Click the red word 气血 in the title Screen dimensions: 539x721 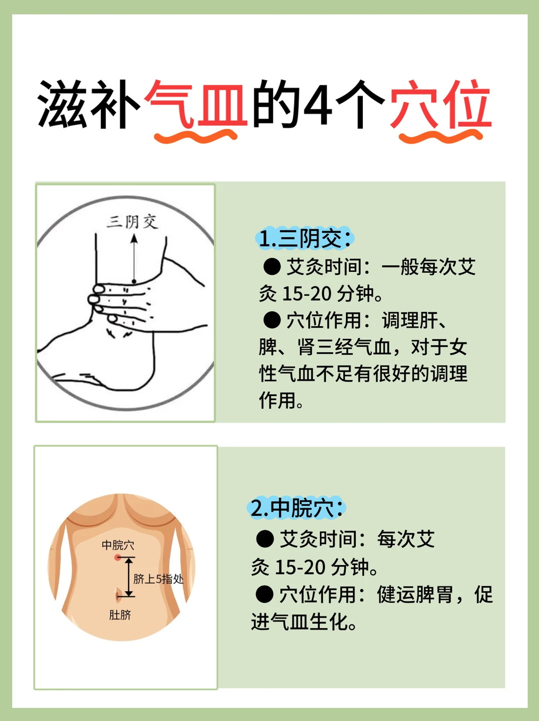[196, 104]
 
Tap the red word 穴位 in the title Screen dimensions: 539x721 [441, 104]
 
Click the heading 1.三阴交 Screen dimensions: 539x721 [305, 238]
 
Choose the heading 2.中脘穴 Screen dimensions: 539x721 [296, 509]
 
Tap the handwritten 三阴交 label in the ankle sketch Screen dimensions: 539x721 [133, 222]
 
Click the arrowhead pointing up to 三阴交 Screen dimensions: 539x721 [134, 238]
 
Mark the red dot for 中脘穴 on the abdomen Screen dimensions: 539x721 [117, 557]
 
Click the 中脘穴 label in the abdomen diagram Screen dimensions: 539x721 [118, 545]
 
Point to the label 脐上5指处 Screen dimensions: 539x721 [158, 579]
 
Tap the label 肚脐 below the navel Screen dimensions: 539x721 [120, 615]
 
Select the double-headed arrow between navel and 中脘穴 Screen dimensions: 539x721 [129, 577]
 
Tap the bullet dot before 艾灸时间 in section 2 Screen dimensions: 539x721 [265, 539]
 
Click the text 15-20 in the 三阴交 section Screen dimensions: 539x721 [307, 294]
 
